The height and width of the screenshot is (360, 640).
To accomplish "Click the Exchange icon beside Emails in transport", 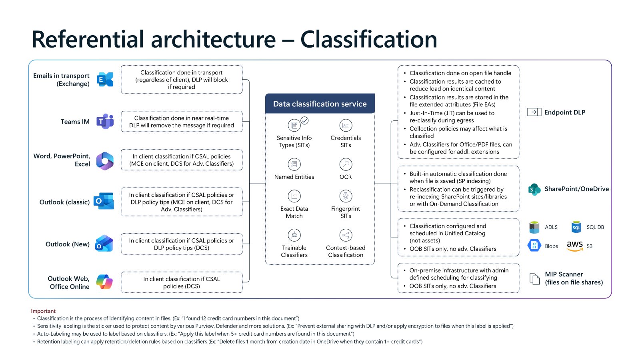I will [105, 80].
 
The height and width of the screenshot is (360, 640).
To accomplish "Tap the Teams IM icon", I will [105, 121].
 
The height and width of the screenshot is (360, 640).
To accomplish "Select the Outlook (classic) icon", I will [104, 201].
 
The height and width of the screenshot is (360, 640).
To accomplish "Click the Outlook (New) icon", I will [104, 244].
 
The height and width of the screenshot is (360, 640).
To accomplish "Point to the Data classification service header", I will [320, 104].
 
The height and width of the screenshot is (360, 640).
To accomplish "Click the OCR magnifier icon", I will [346, 164].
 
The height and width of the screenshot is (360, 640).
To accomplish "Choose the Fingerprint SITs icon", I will [346, 196].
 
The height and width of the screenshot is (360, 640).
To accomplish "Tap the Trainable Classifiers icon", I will [294, 235].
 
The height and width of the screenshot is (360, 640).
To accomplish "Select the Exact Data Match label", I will [294, 212].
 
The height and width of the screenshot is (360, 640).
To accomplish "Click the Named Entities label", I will [294, 177].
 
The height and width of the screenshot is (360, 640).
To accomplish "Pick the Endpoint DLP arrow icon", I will [534, 112].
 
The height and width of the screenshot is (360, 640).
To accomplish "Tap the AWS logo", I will [575, 246].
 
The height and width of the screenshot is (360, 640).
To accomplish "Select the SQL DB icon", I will [576, 227].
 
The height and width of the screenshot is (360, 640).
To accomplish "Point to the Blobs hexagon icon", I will [534, 246].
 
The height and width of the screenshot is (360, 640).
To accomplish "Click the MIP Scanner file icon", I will [534, 278].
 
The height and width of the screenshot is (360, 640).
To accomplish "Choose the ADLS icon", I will [534, 227].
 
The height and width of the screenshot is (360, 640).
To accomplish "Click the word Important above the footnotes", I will [43, 311].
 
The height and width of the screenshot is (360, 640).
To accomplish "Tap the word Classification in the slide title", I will [368, 39].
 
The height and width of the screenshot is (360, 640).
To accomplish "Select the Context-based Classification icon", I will [346, 235].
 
